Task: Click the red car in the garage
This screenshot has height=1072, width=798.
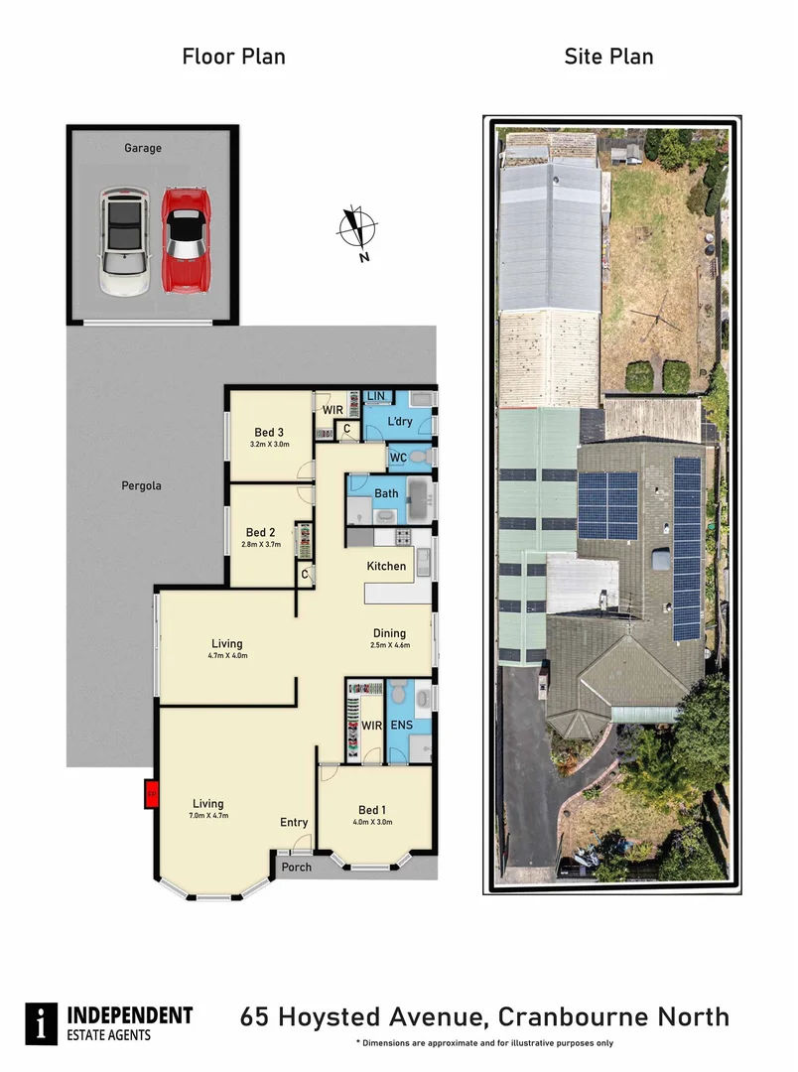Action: (x=184, y=241)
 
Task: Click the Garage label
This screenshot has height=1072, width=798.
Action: (x=143, y=148)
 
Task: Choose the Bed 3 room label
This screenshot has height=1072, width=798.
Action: (x=269, y=432)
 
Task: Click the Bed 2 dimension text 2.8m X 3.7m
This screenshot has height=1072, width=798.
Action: (x=263, y=544)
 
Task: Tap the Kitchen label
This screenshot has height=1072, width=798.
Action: (x=386, y=566)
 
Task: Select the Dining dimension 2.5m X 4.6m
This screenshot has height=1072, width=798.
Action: (x=388, y=646)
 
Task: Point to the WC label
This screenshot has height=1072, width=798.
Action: (x=397, y=457)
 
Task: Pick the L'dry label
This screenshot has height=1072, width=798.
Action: (x=399, y=422)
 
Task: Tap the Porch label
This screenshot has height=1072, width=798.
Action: (x=296, y=867)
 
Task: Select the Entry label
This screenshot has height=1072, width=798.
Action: (x=294, y=822)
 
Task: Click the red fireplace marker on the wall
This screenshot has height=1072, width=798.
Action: (x=152, y=793)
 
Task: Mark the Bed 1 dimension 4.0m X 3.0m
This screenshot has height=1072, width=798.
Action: (x=372, y=822)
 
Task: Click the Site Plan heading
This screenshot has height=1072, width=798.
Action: (x=608, y=57)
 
